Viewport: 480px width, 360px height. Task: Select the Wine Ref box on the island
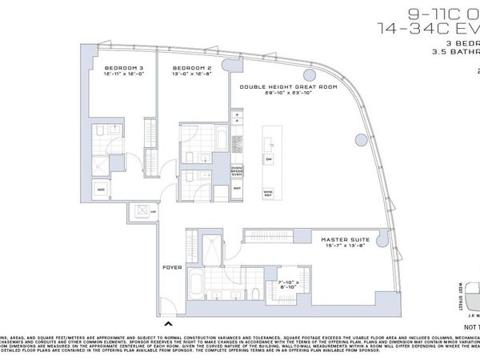click(268, 193)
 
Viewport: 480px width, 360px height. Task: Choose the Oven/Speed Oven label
click(238, 170)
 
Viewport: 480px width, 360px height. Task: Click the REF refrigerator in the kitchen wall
click(238, 190)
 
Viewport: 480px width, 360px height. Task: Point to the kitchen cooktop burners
click(237, 144)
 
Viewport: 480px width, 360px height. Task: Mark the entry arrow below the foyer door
click(168, 324)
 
